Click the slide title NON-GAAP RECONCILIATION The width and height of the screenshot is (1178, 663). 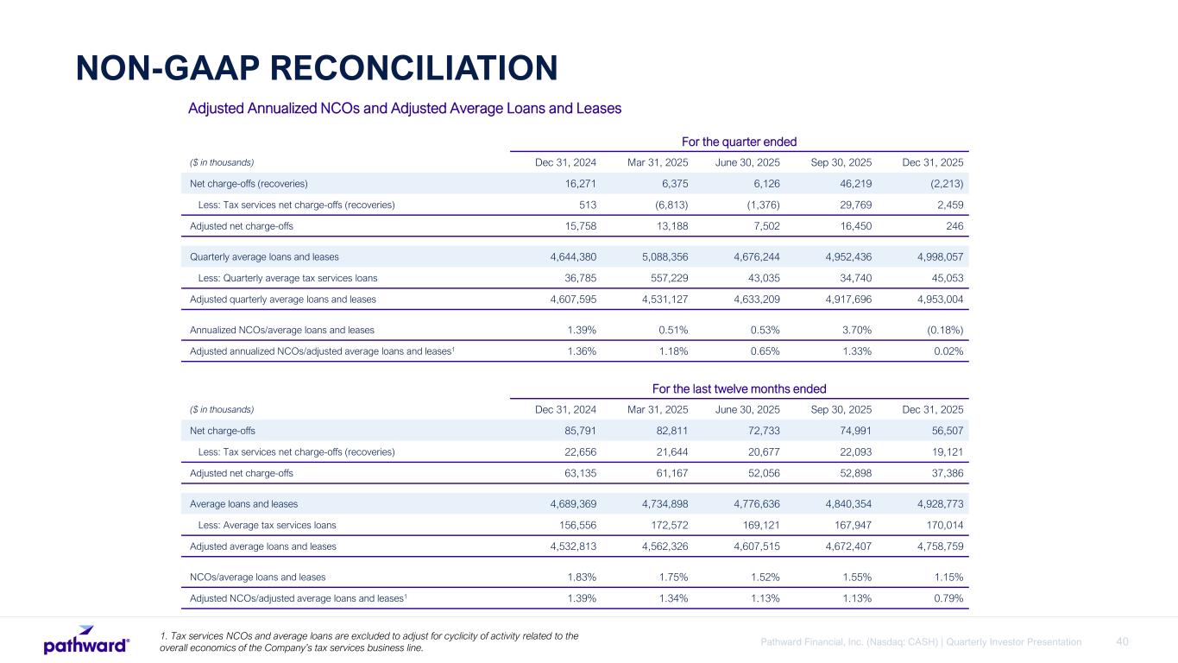coord(316,68)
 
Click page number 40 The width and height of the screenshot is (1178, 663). coord(1122,641)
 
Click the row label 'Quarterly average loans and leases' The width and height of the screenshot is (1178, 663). coord(264,256)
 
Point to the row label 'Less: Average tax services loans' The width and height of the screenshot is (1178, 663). coord(267,525)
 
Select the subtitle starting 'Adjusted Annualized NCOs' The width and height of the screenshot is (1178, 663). coord(405,109)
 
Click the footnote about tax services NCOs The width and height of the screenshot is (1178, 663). coord(369,642)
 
